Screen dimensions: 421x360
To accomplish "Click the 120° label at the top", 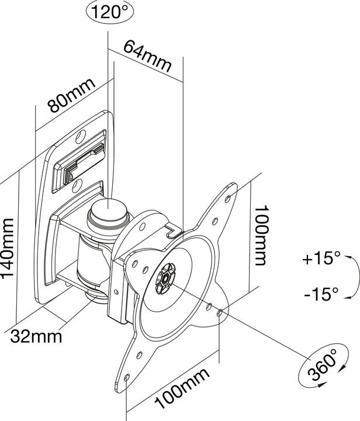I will (x=108, y=12).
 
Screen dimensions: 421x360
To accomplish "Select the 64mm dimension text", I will (x=148, y=57).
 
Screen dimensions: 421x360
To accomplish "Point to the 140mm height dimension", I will (x=9, y=249).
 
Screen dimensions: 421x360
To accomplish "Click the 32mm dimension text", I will (x=36, y=337).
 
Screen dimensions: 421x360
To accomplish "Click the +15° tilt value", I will (x=321, y=258).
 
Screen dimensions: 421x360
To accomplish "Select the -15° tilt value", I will (x=321, y=294).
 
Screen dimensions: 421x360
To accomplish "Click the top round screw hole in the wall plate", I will (x=81, y=138).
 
